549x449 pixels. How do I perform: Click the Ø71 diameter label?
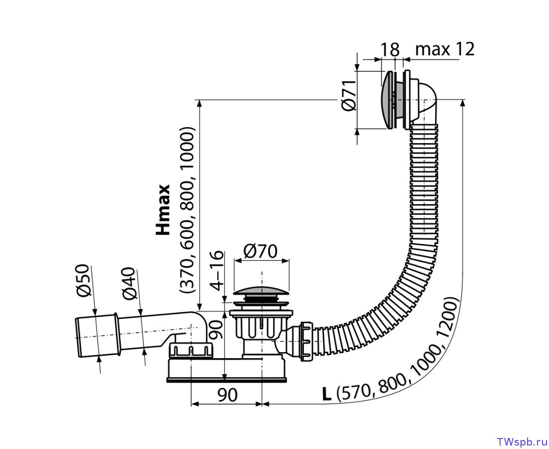349,96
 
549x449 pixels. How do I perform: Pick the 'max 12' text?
445,49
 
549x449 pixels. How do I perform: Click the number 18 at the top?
390,50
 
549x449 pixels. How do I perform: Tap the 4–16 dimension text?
217,270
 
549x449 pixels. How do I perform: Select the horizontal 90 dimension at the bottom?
227,395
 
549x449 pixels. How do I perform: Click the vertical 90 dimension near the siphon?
217,330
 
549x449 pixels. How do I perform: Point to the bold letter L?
327,395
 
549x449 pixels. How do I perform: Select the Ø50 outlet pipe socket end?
97,336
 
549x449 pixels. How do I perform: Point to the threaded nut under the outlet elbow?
191,350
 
